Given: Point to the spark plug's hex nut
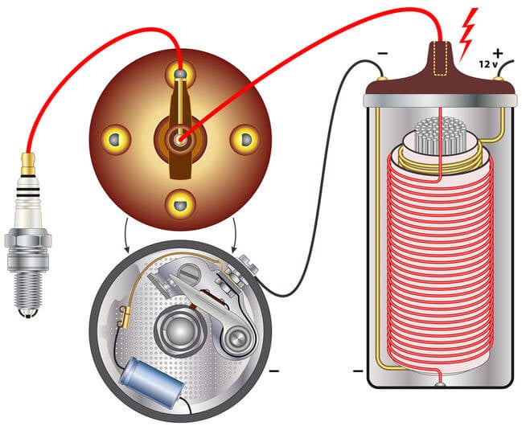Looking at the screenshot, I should pyautogui.click(x=27, y=240).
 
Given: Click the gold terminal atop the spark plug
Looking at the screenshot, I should pyautogui.click(x=28, y=161).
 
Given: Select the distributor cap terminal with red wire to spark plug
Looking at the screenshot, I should pyautogui.click(x=180, y=75).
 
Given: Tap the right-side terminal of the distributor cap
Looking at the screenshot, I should pyautogui.click(x=242, y=137).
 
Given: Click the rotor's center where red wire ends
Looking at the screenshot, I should pyautogui.click(x=181, y=137).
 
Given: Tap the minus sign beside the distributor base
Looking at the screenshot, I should pyautogui.click(x=274, y=372).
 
